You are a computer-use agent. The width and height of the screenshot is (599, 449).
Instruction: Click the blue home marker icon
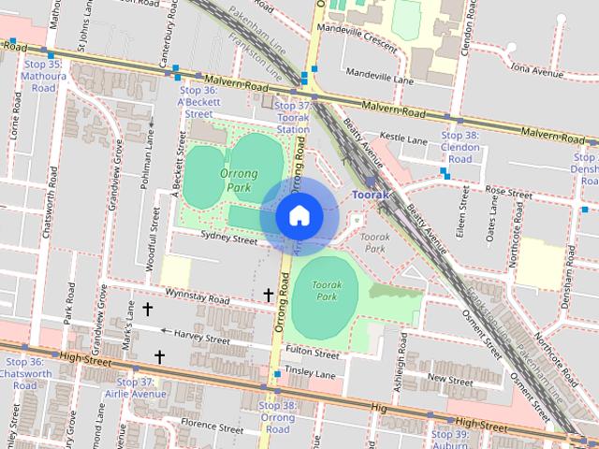pos(298,215)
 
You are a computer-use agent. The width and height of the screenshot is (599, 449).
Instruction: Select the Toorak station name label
pos(370,195)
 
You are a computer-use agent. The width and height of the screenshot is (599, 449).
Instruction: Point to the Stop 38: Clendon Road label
pos(460,147)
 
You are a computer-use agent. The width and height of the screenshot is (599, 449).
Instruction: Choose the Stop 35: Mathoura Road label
pos(42,76)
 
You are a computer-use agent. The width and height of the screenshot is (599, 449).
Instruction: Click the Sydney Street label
pos(228,240)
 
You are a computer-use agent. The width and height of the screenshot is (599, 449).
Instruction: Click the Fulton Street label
pos(313,355)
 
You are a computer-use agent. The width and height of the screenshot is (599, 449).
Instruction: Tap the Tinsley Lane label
pos(312,374)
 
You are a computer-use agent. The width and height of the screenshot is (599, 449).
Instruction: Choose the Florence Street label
pos(211,424)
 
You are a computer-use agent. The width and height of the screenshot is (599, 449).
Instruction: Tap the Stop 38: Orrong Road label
pos(277,417)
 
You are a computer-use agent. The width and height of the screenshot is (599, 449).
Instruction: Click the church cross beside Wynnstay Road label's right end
pos(269,296)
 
